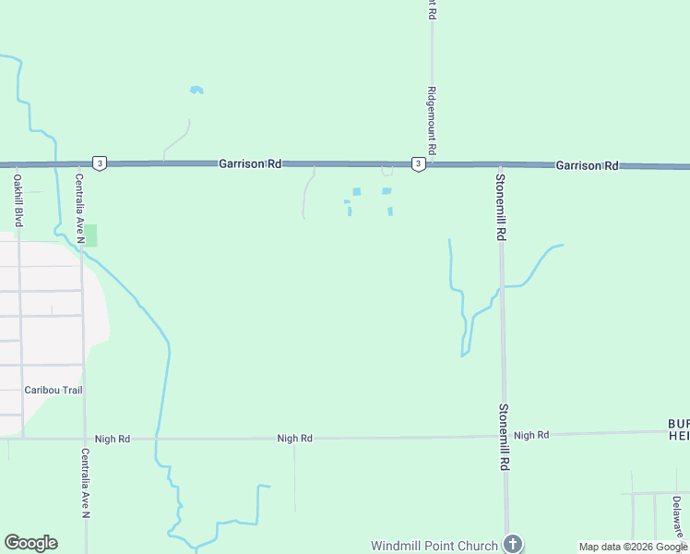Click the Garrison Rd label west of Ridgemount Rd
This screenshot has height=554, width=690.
click(x=249, y=163)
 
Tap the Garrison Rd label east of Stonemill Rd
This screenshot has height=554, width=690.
click(x=587, y=165)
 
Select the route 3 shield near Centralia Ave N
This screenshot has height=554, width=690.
click(x=100, y=163)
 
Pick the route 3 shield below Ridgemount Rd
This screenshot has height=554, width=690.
click(x=418, y=163)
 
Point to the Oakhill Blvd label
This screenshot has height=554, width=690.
click(x=18, y=201)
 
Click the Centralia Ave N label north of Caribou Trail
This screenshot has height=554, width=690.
click(x=80, y=210)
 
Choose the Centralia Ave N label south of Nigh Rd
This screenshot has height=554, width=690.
click(x=85, y=482)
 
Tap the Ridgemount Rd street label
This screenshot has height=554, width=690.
click(x=431, y=121)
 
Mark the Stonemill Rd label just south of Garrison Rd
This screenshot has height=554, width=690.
click(x=500, y=208)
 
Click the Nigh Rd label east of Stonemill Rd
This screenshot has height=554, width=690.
click(x=531, y=435)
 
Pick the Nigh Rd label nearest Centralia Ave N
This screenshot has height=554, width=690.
click(x=112, y=439)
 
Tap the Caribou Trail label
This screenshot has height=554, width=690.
click(x=53, y=391)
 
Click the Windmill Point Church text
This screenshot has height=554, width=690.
click(x=434, y=546)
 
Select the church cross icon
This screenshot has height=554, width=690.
click(x=514, y=544)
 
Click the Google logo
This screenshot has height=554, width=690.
click(x=30, y=543)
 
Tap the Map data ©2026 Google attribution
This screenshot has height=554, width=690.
click(x=633, y=547)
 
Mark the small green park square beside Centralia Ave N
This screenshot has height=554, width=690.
click(x=90, y=235)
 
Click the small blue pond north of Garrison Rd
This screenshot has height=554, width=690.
click(x=196, y=90)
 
